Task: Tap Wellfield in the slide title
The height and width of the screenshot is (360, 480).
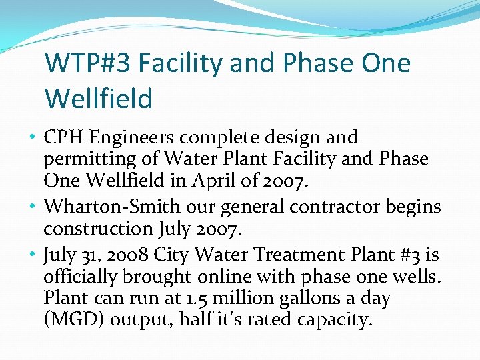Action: (x=99, y=99)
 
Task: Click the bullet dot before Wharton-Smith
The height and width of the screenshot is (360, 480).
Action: (x=33, y=207)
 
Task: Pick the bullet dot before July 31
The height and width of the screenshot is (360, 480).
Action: (x=33, y=253)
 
